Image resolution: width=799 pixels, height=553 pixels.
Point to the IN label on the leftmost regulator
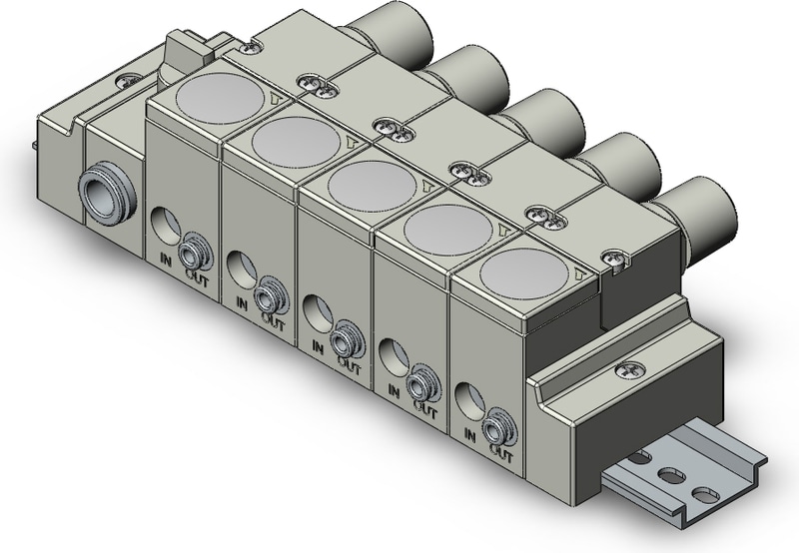pyautogui.click(x=169, y=259)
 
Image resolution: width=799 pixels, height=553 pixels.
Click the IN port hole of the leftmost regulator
pyautogui.click(x=164, y=222)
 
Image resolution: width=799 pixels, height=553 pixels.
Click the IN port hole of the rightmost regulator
pyautogui.click(x=465, y=397)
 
